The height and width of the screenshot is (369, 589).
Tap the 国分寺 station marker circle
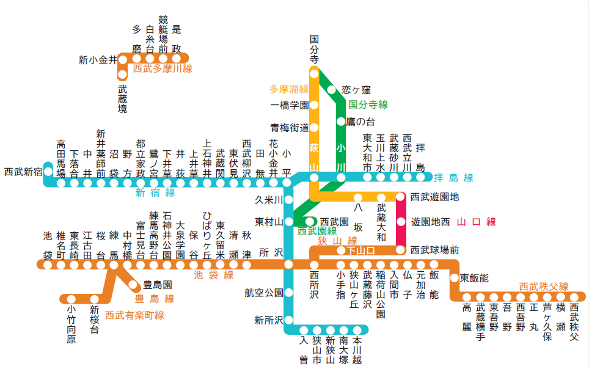pyautogui.click(x=314, y=74)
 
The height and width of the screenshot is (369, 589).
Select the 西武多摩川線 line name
pyautogui.click(x=163, y=69)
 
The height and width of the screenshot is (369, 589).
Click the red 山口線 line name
pyautogui.click(x=477, y=221)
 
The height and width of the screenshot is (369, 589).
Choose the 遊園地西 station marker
pyautogui.click(x=401, y=221)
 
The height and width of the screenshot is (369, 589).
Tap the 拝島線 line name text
pyautogui.click(x=454, y=178)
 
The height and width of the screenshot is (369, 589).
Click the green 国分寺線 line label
pyautogui.click(x=368, y=104)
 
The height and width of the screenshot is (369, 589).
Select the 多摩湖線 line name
pyautogui.click(x=289, y=89)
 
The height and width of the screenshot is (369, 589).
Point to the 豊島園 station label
pyautogui.click(x=157, y=285)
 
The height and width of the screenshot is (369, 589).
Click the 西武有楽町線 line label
pyautogui.click(x=134, y=315)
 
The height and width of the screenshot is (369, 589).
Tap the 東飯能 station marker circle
pyautogui.click(x=454, y=278)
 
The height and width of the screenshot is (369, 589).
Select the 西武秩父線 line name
pyautogui.click(x=543, y=286)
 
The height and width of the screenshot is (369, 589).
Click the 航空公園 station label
pyautogui.click(x=264, y=293)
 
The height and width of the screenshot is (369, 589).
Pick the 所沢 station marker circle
pyautogui.click(x=288, y=265)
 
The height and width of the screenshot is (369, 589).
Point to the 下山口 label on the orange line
pyautogui.click(x=360, y=250)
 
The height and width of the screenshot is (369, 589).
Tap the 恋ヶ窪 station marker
pyautogui.click(x=332, y=90)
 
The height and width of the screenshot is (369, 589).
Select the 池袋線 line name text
pyautogui.click(x=214, y=276)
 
